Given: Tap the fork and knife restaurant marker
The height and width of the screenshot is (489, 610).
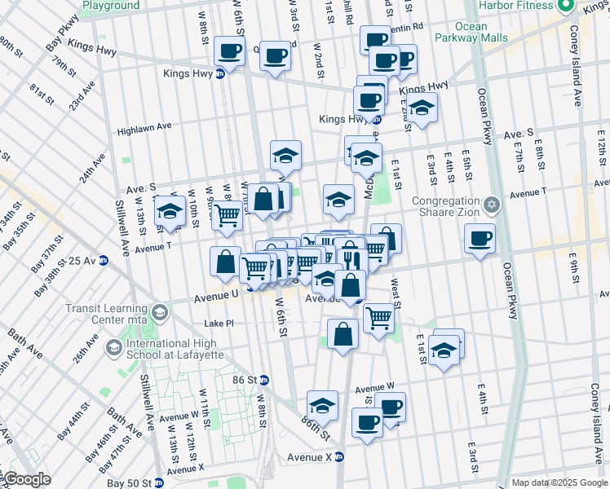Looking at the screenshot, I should click(x=351, y=258).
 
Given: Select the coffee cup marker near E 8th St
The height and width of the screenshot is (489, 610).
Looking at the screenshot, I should click(x=480, y=240).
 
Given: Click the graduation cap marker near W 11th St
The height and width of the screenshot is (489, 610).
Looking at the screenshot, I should click(x=169, y=211).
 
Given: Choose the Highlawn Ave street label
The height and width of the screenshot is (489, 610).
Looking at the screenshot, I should click(x=144, y=127).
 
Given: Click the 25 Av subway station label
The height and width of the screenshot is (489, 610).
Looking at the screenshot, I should click(x=83, y=261).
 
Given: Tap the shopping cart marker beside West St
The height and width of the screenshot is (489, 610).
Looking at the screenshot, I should click(x=378, y=317).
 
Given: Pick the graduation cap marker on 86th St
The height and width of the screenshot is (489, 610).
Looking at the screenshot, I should click(x=322, y=406).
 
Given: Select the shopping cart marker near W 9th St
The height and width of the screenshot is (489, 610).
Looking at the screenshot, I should click(x=227, y=215).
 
